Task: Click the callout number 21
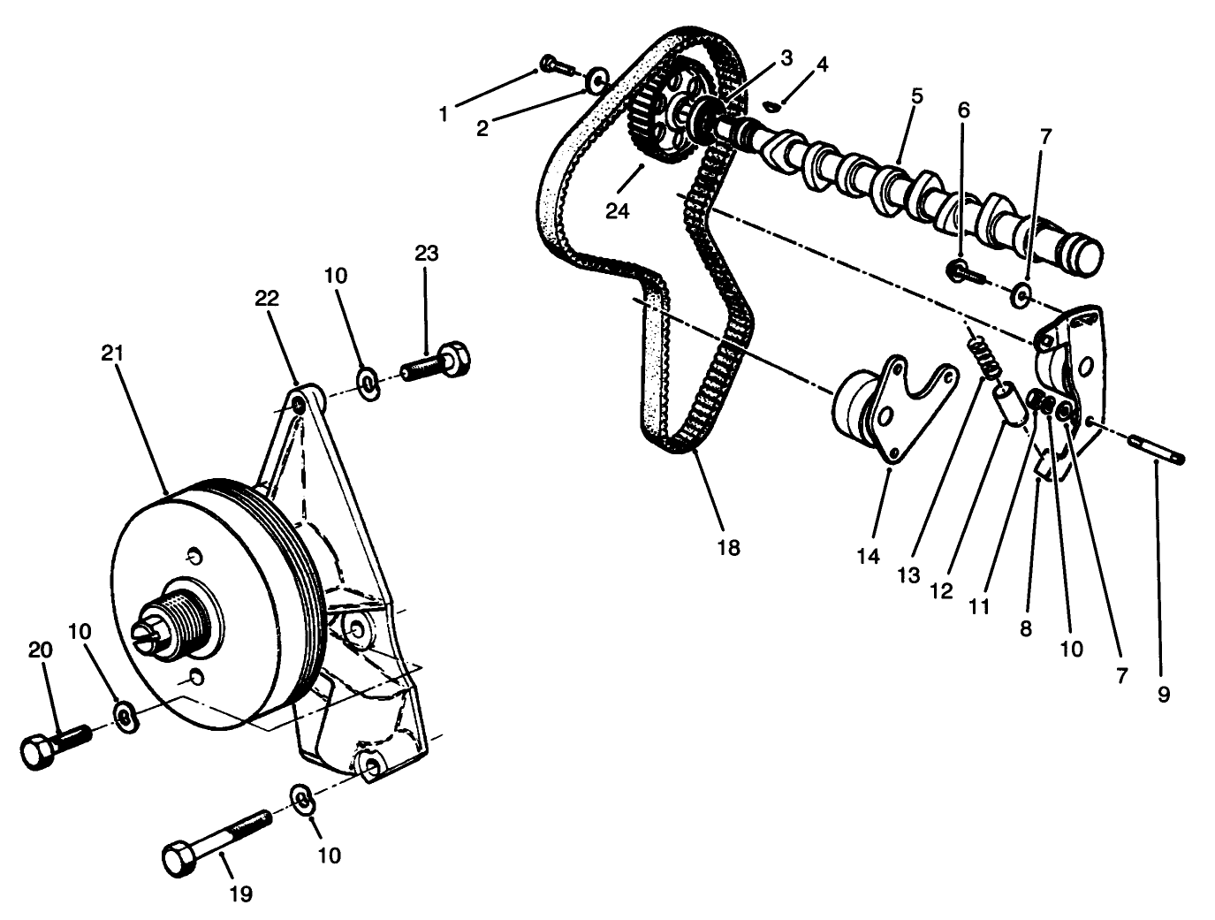tap(112, 354)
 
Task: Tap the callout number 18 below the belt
tap(728, 548)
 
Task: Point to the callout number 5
tap(917, 95)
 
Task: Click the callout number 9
tap(1163, 695)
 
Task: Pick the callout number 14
tap(869, 557)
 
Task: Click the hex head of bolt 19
tap(178, 859)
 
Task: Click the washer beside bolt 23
tap(368, 382)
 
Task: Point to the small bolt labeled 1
tap(551, 63)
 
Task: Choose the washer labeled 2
tap(596, 80)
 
